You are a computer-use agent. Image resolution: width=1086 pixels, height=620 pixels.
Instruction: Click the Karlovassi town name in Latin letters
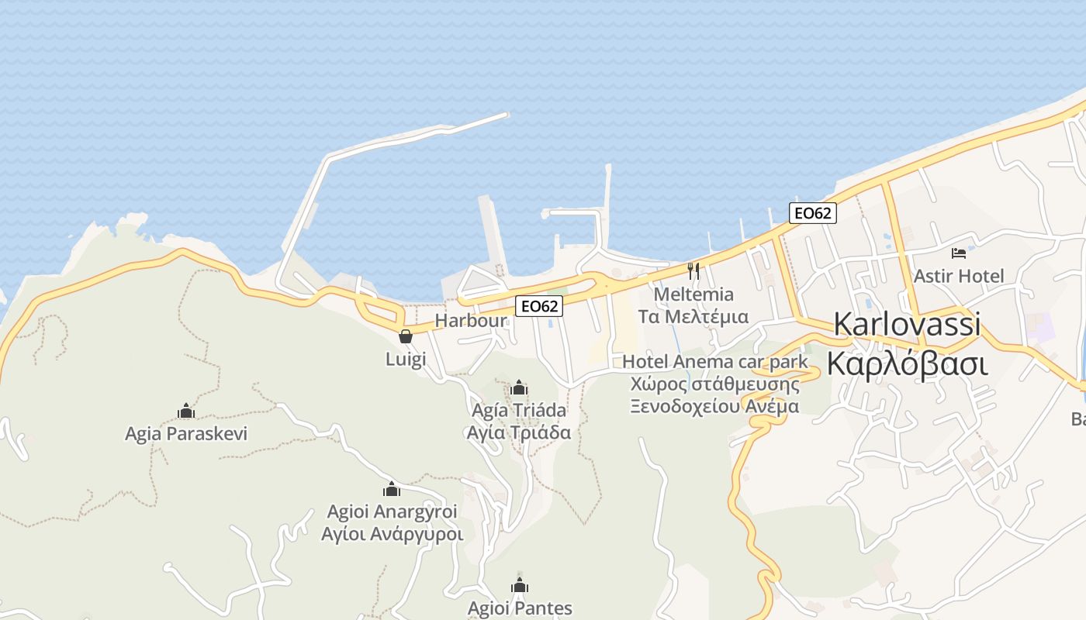tap(907, 325)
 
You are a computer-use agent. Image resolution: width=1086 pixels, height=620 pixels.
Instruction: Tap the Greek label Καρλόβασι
tap(907, 362)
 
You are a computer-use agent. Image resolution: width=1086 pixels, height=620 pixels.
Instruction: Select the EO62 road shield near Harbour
tap(539, 306)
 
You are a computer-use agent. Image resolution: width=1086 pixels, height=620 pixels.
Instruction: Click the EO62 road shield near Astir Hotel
tap(812, 213)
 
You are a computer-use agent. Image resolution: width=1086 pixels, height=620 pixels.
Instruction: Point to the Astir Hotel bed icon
tap(959, 253)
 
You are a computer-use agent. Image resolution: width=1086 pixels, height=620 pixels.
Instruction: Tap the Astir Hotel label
tap(959, 276)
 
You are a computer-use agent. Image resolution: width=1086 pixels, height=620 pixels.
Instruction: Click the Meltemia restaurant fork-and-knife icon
tap(693, 271)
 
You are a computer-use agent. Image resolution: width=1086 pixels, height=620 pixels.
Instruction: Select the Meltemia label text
tap(693, 294)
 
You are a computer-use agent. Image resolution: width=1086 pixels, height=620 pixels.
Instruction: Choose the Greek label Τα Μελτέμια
tap(693, 316)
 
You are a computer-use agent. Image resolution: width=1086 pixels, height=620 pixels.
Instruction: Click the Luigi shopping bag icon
tap(405, 336)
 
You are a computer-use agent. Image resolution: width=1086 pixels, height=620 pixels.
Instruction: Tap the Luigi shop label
tap(406, 359)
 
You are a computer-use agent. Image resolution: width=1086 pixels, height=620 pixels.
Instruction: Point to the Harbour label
tap(471, 320)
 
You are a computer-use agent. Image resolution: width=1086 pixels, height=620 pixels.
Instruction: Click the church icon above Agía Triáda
tap(519, 387)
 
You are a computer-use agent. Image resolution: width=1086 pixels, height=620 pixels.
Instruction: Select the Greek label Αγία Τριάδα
tap(519, 432)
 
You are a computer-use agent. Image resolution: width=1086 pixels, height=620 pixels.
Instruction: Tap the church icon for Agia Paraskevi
tap(185, 411)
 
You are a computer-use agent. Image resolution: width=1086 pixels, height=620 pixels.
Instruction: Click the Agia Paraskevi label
tap(186, 433)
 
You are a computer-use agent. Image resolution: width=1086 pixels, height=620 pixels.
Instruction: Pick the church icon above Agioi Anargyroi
tap(392, 489)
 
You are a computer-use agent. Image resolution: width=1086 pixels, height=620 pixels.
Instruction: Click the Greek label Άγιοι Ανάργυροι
tap(393, 534)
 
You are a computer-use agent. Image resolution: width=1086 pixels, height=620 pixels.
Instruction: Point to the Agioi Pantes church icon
tap(519, 585)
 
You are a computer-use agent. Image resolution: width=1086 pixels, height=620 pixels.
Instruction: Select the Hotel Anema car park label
tap(715, 362)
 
